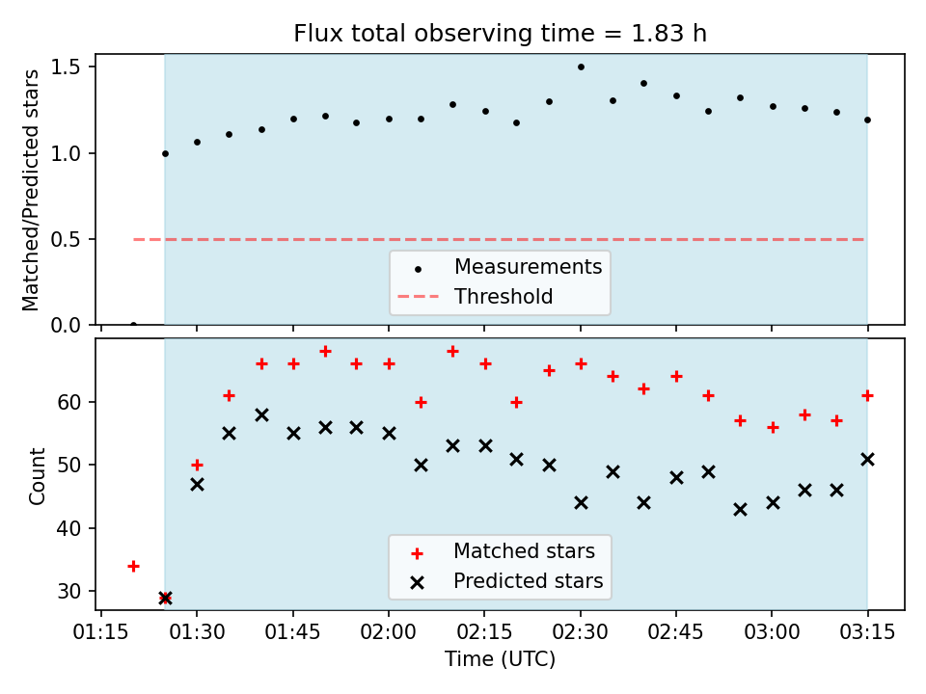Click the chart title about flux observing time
point(501,33)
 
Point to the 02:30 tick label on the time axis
point(581,632)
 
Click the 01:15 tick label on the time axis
point(101,632)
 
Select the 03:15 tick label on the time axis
point(867,632)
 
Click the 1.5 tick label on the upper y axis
point(66,67)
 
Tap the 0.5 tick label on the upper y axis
point(66,239)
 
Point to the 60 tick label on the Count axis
point(68,402)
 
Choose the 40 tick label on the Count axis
point(68,528)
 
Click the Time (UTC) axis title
point(501,658)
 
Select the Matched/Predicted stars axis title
point(30,190)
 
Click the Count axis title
point(37,476)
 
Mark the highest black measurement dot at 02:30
point(581,67)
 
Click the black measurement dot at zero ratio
point(133,325)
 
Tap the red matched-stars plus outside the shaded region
point(133,567)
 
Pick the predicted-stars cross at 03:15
point(867,459)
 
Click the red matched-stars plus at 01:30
point(197,465)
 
